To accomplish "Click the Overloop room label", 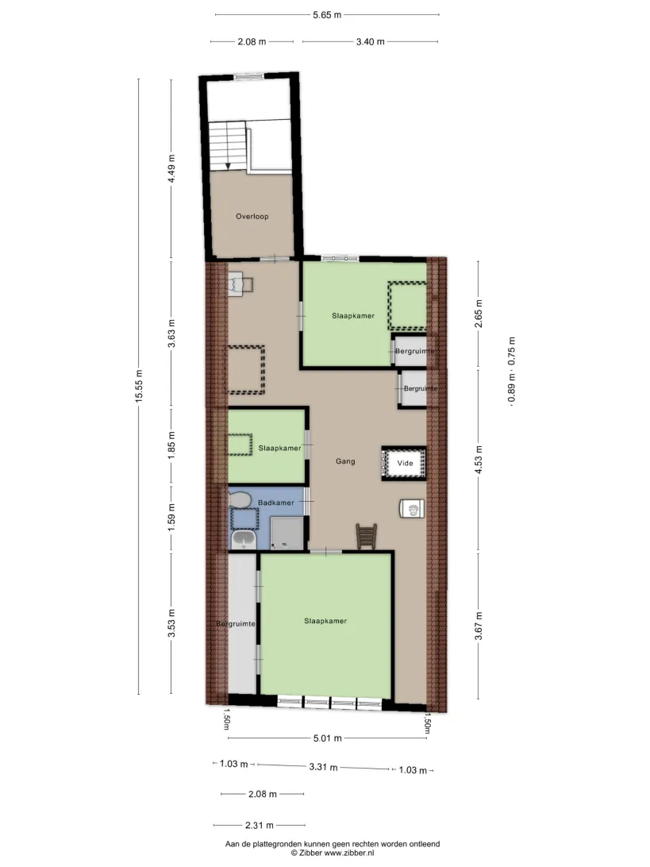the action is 252,216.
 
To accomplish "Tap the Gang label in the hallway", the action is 345,461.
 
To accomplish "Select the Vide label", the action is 405,463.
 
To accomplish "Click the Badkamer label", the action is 276,503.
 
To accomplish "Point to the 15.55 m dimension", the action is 140,386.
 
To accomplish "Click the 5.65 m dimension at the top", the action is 327,15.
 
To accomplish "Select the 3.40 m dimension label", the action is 371,41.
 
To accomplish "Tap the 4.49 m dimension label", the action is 172,168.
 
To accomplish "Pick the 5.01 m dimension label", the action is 327,738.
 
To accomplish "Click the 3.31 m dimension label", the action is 323,767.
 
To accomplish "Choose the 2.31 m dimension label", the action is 260,826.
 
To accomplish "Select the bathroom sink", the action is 243,539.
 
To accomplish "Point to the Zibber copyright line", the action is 333,854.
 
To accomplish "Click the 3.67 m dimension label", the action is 479,626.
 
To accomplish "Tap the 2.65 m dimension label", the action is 479,314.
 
